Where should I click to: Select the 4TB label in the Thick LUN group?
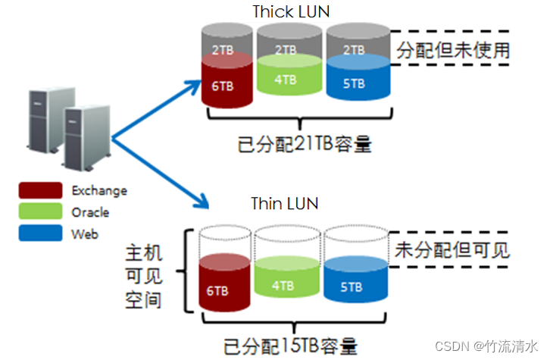click(284, 80)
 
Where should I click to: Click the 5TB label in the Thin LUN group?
click(352, 287)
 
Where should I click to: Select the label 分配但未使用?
click(453, 51)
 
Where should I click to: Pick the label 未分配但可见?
click(453, 249)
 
